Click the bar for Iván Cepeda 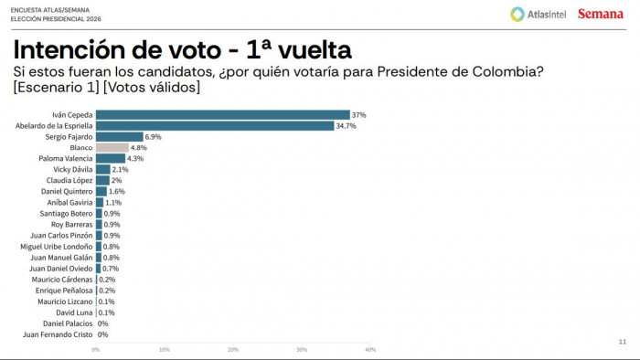222,114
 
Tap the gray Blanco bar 112,147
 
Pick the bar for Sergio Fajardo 119,136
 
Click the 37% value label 358,114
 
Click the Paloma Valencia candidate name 65,158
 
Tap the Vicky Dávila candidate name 70,169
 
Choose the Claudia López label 68,180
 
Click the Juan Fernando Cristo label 58,334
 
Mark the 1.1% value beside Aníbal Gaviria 114,203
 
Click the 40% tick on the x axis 369,349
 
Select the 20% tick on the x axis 233,349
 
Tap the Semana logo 600,14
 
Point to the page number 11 623,341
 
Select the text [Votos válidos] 152,88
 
